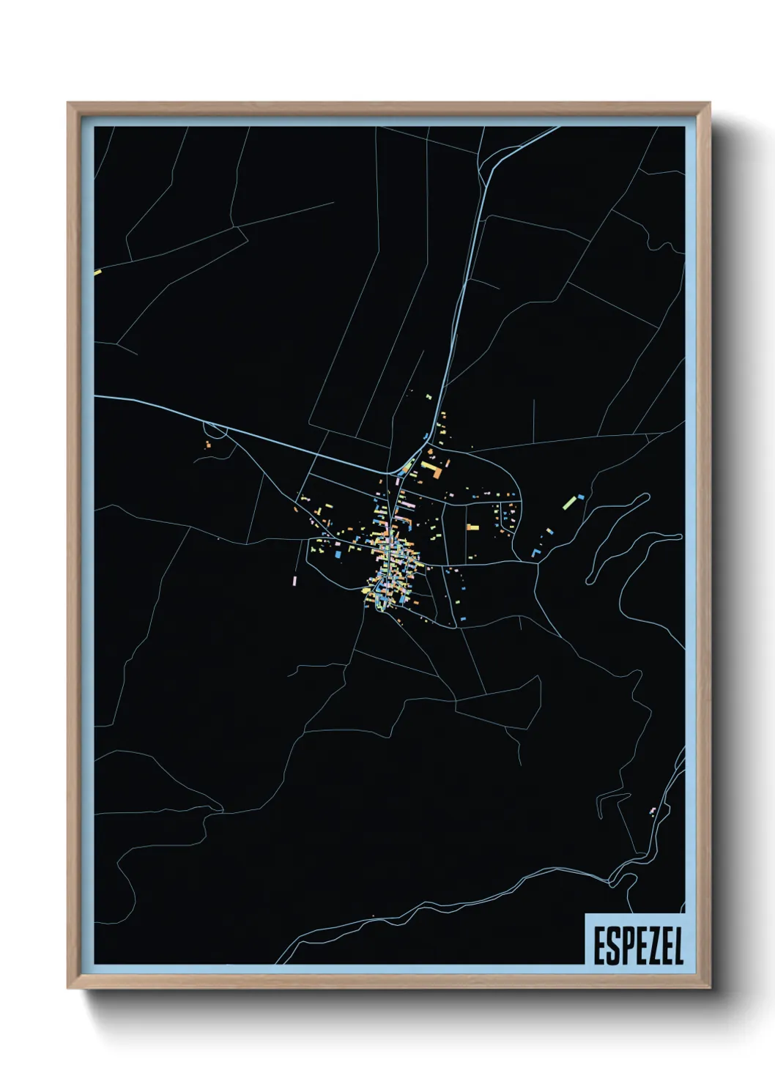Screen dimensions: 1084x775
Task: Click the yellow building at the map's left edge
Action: [x=97, y=273]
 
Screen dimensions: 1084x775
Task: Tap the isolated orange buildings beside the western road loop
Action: [x=208, y=443]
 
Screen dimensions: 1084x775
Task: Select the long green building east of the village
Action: [x=569, y=502]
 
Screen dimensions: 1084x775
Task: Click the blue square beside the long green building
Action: [x=582, y=497]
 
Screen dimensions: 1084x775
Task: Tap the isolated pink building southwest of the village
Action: [x=294, y=579]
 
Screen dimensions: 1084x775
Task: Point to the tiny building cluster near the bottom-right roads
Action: [x=651, y=811]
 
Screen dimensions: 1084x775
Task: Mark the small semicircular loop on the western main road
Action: [x=218, y=432]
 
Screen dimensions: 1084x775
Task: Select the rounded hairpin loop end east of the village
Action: [x=645, y=497]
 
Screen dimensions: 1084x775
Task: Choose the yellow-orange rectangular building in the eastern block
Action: [x=472, y=527]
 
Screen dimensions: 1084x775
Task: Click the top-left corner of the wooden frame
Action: [x=68, y=103]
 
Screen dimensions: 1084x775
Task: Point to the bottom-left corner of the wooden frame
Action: [x=68, y=987]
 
